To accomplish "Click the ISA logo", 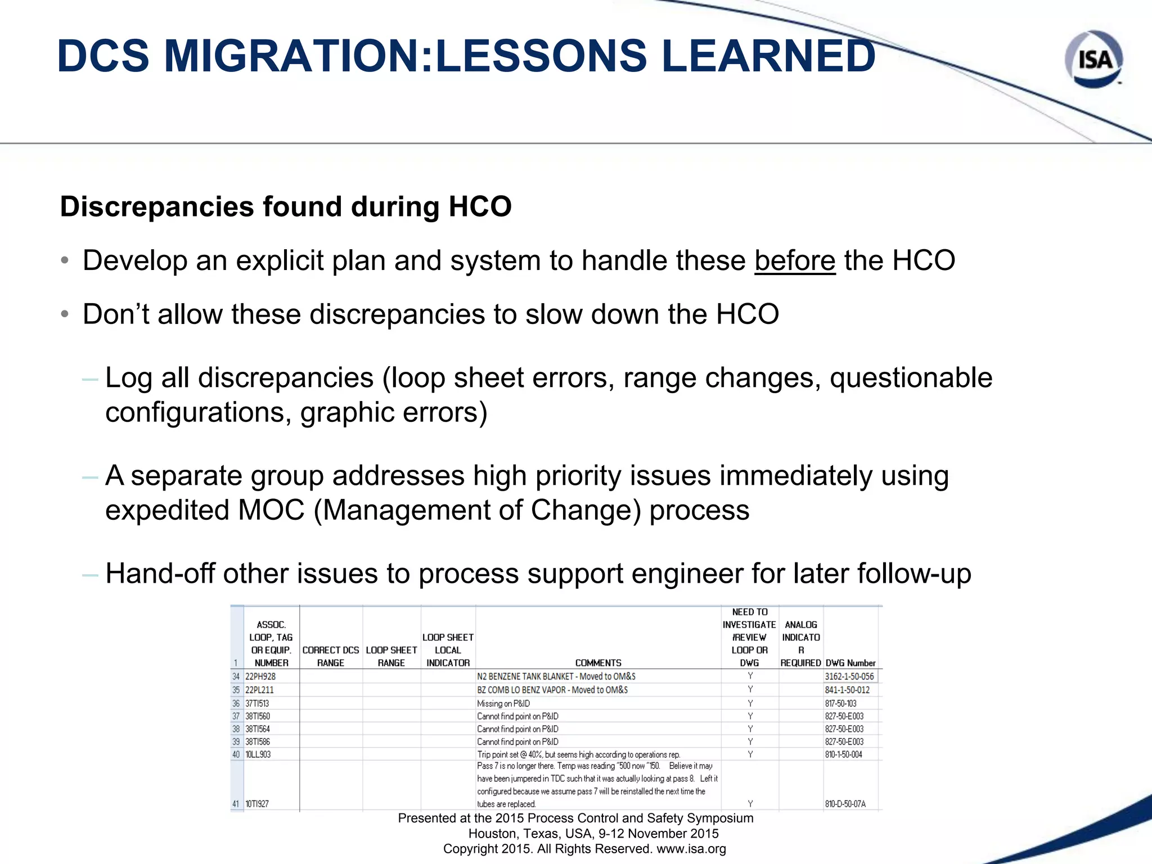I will point(1093,59).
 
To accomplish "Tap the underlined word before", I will point(795,260).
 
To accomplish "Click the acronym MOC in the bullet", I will point(271,510).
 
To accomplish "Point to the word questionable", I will point(911,377).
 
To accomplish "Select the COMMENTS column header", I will point(598,663).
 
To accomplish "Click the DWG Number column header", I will point(850,663).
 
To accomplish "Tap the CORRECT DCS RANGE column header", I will point(330,656).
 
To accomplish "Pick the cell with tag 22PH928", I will point(260,676).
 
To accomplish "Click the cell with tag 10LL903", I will point(258,754).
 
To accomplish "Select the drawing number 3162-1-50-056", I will point(849,676).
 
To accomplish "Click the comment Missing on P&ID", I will point(503,703).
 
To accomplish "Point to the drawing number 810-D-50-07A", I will point(845,804).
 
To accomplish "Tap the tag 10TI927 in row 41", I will point(257,804).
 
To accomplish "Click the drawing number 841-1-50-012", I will point(847,690).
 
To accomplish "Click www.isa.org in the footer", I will point(691,849).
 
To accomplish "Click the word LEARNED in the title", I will point(768,56).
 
